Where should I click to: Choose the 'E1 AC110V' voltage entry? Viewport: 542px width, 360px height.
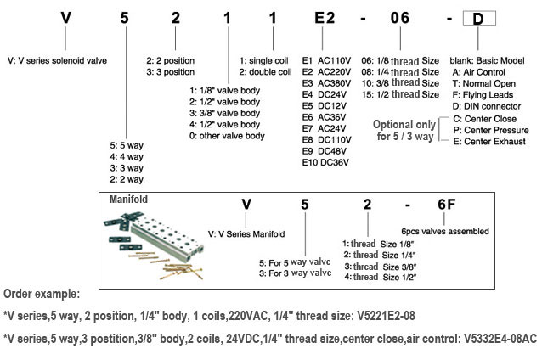(x=330, y=62)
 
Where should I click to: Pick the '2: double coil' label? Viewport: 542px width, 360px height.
(x=266, y=72)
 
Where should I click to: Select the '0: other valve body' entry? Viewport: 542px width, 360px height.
(x=228, y=136)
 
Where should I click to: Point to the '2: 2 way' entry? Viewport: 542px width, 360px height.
(x=128, y=179)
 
